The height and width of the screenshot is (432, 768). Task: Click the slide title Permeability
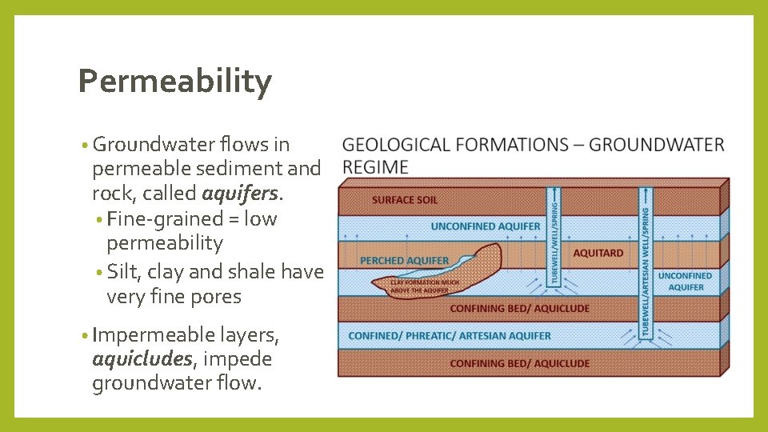tap(174, 82)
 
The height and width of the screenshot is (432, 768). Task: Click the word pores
tap(216, 297)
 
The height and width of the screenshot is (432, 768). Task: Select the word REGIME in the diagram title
tap(374, 166)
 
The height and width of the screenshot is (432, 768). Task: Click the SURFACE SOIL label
tap(404, 199)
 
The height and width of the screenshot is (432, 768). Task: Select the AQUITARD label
tap(598, 253)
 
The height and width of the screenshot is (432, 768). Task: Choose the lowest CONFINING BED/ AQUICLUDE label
tap(519, 363)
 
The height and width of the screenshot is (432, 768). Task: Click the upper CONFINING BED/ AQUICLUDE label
tap(519, 308)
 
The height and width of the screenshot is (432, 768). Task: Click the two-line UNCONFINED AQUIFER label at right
tap(686, 281)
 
